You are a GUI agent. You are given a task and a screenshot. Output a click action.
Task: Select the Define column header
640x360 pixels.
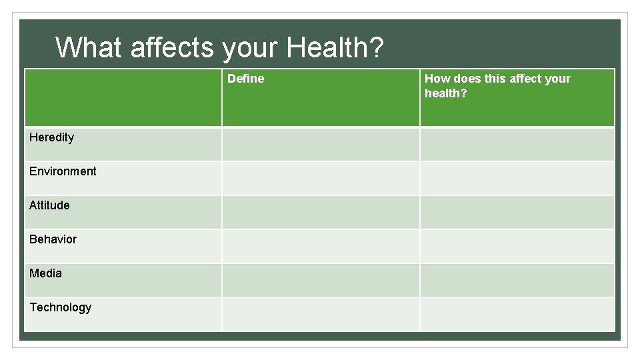pos(245,79)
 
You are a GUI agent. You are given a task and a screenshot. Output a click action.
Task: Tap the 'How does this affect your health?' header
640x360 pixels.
pos(497,86)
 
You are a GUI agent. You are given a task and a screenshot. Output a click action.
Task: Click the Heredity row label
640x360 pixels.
pos(51,137)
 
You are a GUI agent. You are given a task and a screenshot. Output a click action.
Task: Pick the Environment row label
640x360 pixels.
pos(63,171)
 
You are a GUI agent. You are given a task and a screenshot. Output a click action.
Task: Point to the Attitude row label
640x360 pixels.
pos(49,205)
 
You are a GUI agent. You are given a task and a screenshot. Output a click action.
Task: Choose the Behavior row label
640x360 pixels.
pos(53,239)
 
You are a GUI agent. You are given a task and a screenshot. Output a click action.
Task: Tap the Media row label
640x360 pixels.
pos(45,273)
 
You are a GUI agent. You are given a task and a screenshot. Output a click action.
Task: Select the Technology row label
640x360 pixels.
pos(60,307)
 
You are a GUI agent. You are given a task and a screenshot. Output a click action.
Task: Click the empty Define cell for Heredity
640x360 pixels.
pos(321,144)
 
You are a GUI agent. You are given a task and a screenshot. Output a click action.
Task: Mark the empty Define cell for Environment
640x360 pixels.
pos(321,178)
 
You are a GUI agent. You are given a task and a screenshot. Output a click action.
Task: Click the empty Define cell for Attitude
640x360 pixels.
pos(321,212)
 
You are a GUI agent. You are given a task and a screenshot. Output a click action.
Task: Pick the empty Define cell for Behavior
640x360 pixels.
pos(321,246)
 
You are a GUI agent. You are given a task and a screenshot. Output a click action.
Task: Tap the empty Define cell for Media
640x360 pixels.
pos(321,280)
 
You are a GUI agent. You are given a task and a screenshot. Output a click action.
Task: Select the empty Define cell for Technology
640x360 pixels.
pos(321,314)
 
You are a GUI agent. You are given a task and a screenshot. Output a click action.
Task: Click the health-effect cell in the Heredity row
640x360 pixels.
pos(517,144)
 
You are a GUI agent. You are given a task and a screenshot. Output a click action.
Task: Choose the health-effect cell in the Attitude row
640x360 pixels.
pos(517,212)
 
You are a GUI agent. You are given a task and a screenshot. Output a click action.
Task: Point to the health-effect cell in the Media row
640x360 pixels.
pos(517,280)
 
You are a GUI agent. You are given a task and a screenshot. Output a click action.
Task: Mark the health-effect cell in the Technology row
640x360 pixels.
pos(517,314)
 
